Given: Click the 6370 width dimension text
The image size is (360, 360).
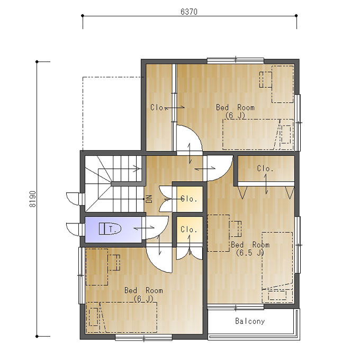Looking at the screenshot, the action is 188,12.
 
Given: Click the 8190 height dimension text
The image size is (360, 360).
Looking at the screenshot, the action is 33,199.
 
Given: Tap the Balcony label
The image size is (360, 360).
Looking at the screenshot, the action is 250,321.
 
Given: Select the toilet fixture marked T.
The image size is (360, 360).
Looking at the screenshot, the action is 110,229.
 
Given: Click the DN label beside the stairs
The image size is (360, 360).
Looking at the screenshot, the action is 149,199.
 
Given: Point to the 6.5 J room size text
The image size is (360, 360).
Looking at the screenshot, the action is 250,253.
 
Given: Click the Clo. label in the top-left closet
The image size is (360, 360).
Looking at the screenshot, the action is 158,107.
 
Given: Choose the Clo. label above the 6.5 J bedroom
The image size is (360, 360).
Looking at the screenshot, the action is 265,168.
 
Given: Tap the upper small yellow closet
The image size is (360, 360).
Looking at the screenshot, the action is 190,199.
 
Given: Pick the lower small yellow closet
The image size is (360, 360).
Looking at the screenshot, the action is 190,230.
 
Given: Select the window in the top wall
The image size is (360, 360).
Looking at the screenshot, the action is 236,60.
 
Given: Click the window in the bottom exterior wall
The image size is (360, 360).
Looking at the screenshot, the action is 143,337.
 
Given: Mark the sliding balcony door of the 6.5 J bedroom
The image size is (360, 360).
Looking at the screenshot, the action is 236,307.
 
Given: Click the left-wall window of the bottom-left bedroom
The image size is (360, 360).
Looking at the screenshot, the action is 81,275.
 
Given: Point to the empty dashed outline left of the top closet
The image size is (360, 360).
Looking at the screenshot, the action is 112,114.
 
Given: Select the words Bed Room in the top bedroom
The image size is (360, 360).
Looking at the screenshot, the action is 236,107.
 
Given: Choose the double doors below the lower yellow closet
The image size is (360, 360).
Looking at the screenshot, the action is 190,254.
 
